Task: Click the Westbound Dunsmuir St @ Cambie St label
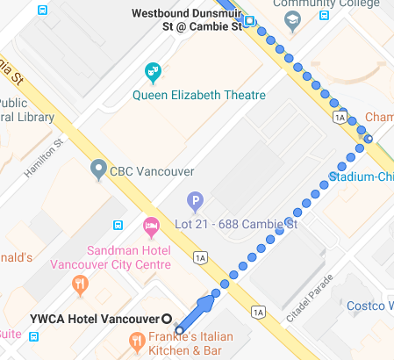click(185, 20)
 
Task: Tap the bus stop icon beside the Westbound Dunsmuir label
click(251, 21)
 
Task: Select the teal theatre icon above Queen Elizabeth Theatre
click(154, 71)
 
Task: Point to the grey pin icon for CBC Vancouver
click(98, 168)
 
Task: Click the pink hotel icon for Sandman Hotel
click(150, 227)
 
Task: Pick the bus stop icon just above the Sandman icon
click(118, 225)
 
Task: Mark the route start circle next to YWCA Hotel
click(179, 330)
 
